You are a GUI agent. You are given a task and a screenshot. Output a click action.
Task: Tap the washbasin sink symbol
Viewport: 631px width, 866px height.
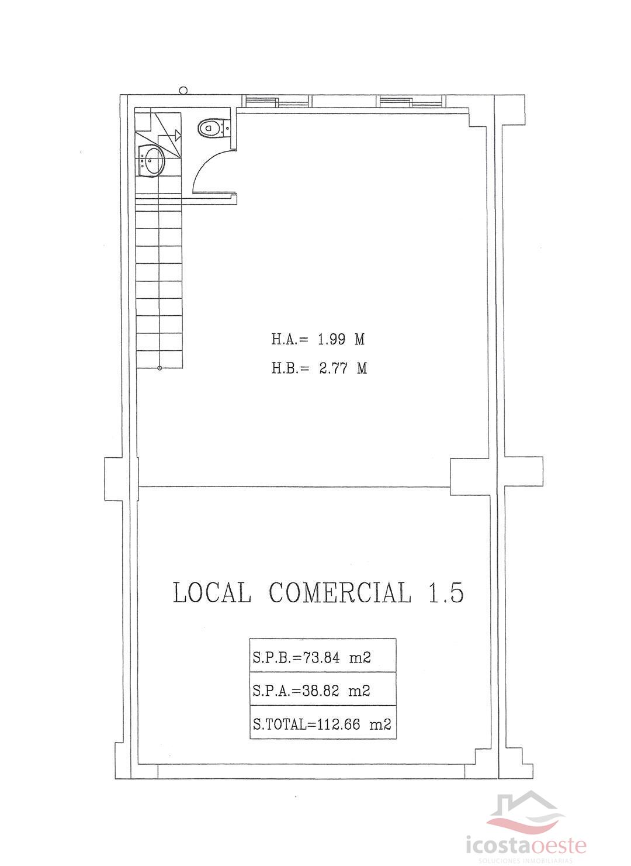(x=152, y=160)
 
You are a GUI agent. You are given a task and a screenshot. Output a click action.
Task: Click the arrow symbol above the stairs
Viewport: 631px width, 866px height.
(x=176, y=136)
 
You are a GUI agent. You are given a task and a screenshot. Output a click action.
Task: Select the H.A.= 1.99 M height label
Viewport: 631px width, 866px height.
(x=318, y=339)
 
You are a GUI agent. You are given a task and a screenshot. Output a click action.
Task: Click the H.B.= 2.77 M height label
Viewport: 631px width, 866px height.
(x=319, y=368)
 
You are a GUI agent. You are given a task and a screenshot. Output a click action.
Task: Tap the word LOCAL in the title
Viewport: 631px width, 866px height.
(x=212, y=593)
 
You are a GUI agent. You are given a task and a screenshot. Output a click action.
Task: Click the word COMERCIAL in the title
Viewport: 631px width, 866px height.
(x=340, y=593)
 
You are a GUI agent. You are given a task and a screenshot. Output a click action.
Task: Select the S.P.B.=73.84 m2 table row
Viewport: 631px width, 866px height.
(x=323, y=657)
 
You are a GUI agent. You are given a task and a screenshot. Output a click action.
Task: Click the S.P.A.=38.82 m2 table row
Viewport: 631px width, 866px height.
(x=323, y=691)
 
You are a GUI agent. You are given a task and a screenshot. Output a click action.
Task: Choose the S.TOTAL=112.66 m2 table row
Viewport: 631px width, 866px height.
(x=323, y=724)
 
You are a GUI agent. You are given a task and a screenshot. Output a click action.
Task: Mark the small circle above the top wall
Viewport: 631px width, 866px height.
(x=183, y=90)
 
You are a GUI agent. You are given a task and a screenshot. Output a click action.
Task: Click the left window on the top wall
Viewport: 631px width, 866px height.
(x=276, y=101)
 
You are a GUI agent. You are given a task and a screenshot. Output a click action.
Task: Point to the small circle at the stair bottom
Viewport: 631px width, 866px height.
(x=160, y=368)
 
